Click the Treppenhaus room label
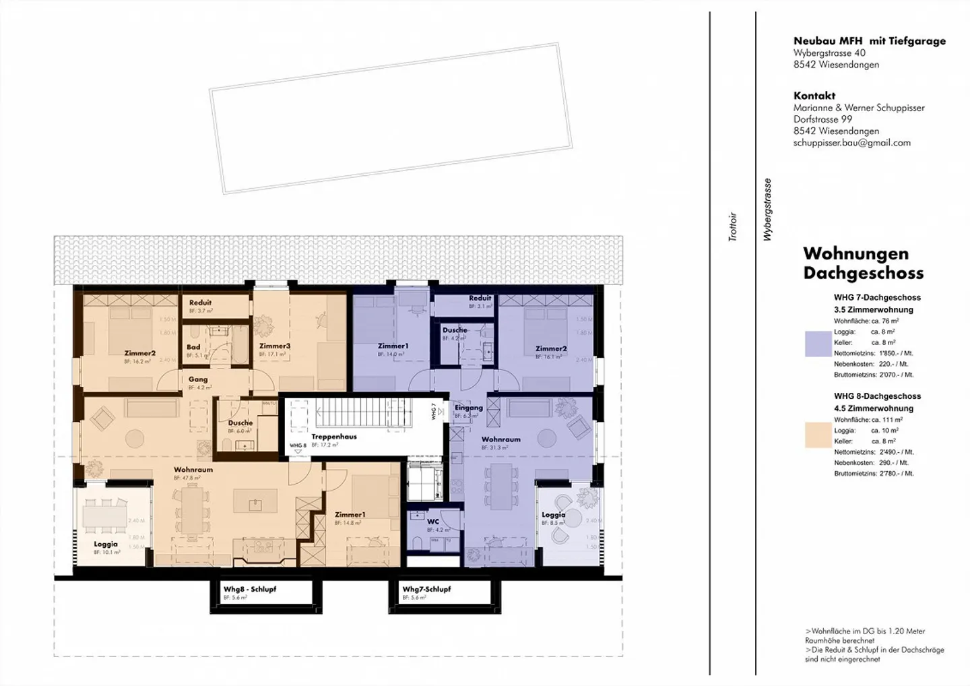coord(333,437)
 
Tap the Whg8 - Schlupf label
coord(249,589)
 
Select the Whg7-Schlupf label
coord(426,589)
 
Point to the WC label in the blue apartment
coord(433,522)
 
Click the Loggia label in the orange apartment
coord(106,544)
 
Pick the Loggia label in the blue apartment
coord(553,515)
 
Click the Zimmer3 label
coord(274,346)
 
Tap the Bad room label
coord(193,348)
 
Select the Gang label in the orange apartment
coord(197,379)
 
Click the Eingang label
coord(468,408)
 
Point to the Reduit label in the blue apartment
coord(480,298)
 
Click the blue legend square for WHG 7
coord(818,343)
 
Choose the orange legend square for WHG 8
coord(818,435)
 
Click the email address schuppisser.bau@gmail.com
coord(851,143)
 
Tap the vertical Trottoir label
coord(733,227)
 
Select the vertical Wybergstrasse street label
coord(767,210)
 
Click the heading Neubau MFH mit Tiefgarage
coord(869,41)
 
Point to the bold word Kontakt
coord(814,96)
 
